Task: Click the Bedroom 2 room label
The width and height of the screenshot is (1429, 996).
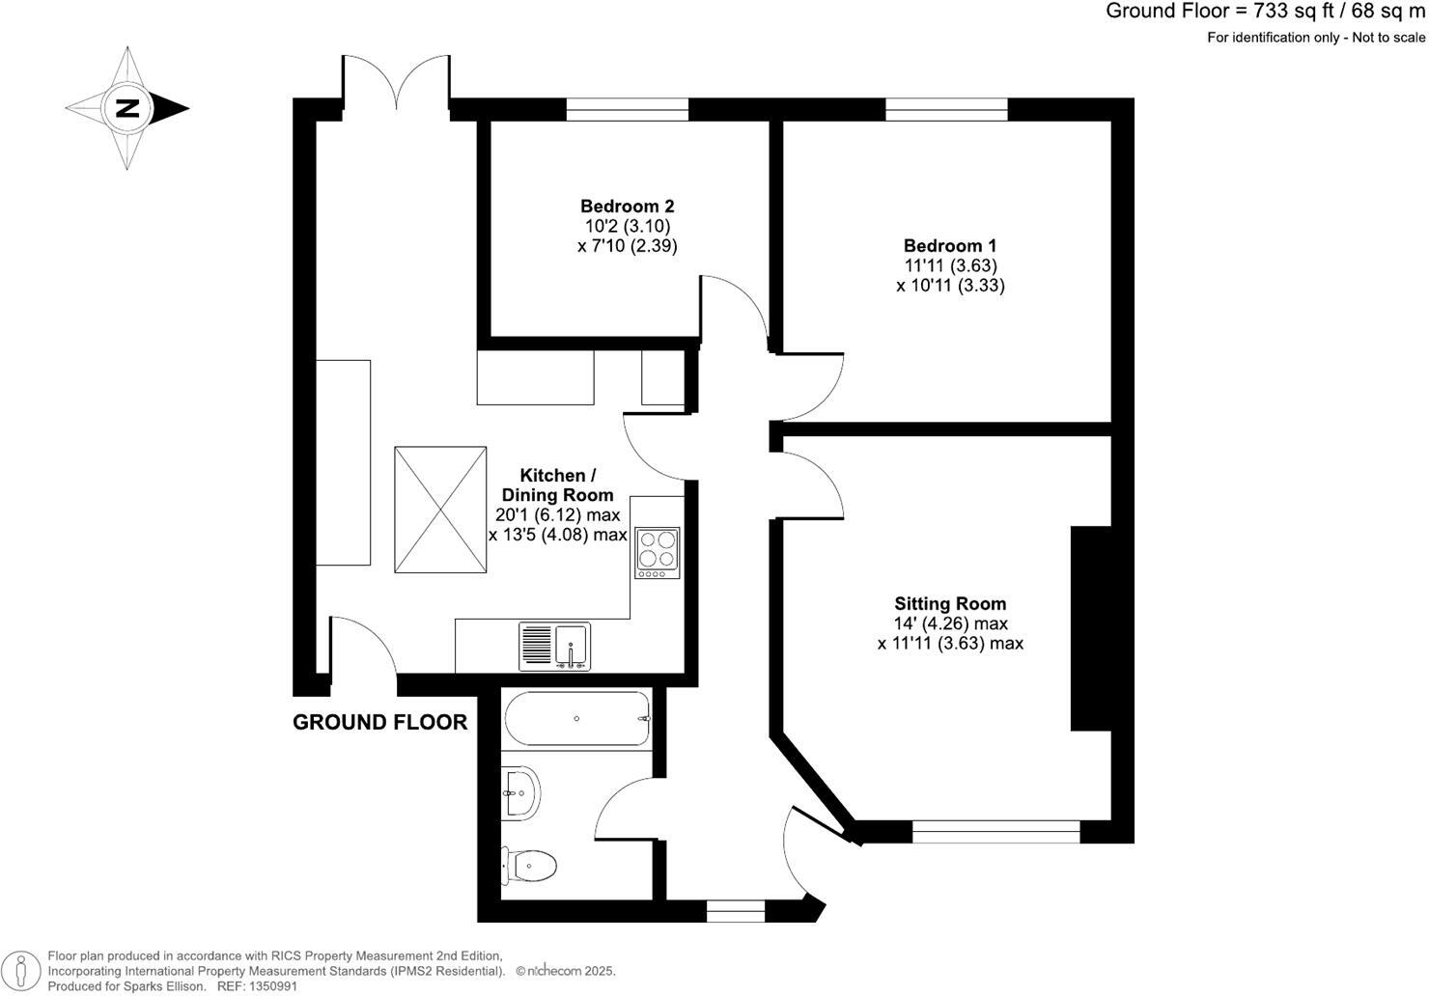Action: pyautogui.click(x=627, y=206)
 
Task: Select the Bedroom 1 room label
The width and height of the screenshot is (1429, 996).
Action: pyautogui.click(x=950, y=245)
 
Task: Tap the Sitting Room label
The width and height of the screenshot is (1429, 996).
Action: pyautogui.click(x=950, y=603)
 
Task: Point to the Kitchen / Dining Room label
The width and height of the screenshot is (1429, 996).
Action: pyautogui.click(x=557, y=484)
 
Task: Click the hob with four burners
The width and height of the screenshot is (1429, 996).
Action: pyautogui.click(x=657, y=552)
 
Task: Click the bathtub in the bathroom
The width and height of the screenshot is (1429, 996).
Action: pyautogui.click(x=576, y=718)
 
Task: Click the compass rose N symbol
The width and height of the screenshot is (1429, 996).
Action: pyautogui.click(x=126, y=108)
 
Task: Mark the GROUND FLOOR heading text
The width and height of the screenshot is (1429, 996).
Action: pyautogui.click(x=379, y=722)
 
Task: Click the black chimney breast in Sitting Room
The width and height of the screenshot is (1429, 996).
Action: pyautogui.click(x=1090, y=628)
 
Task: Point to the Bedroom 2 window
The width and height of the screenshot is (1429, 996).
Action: pyautogui.click(x=627, y=109)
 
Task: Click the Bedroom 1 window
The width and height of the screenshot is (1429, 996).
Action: pyautogui.click(x=946, y=109)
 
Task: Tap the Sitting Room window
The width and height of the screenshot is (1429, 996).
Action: pyautogui.click(x=995, y=831)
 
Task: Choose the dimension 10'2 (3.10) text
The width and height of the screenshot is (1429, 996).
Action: pyautogui.click(x=627, y=226)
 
